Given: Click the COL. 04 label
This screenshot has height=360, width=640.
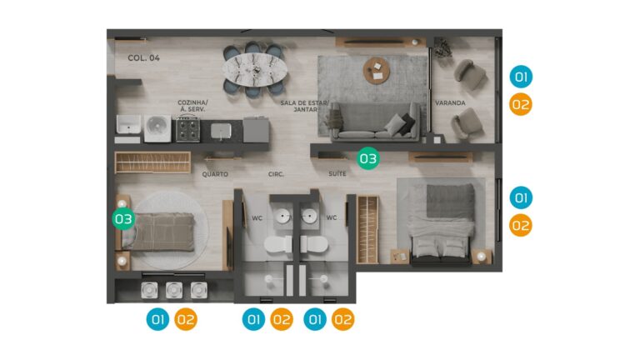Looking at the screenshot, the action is click(143, 58).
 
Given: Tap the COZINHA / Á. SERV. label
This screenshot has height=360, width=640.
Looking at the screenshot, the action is click(192, 106).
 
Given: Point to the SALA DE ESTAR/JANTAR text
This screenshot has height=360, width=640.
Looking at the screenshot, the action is click(304, 106).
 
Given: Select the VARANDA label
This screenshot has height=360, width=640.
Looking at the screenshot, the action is click(450, 102).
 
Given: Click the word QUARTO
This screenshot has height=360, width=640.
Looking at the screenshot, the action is click(215, 174).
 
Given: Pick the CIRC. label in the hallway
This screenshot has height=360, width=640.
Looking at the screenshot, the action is click(276, 174).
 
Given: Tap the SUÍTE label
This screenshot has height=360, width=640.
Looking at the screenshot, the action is click(337, 174).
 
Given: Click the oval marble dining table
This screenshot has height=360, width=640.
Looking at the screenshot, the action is click(255, 69).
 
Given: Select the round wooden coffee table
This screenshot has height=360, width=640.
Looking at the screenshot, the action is click(377, 70).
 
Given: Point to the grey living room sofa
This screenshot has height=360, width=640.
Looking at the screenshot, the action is click(375, 121).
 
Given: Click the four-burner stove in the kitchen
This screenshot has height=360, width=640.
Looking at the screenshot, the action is click(187, 129).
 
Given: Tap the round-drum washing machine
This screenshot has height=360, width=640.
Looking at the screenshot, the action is click(157, 128).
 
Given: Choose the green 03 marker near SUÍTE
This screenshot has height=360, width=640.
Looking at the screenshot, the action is click(368, 158).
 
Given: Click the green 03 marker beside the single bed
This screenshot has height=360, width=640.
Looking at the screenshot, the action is click(123, 219).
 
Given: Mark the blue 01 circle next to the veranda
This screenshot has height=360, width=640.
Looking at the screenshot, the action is click(521, 77).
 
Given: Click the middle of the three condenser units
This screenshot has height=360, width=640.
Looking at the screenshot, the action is click(174, 290).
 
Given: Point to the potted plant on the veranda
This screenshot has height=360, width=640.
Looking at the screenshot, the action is click(442, 47).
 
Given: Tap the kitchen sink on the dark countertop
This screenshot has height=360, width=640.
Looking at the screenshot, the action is click(221, 131).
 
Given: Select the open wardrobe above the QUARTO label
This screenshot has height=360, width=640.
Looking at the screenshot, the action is click(152, 162).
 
